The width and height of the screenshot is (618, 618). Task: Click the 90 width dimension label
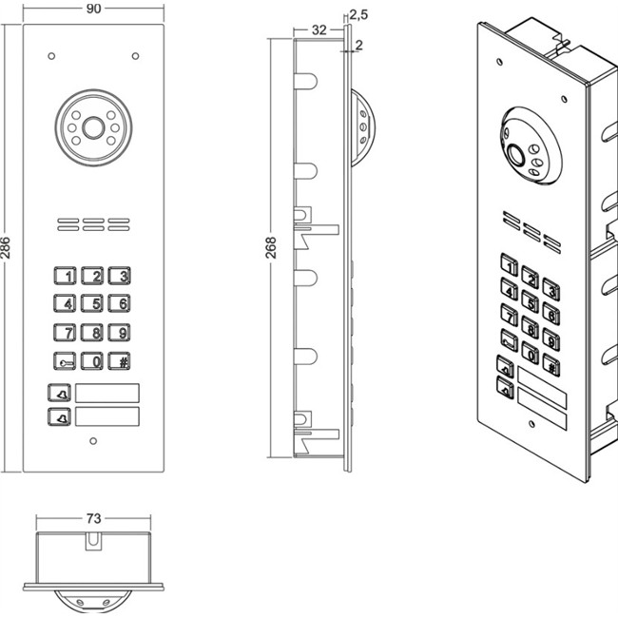pyautogui.click(x=93, y=9)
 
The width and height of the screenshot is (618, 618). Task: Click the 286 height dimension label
pyautogui.click(x=6, y=247)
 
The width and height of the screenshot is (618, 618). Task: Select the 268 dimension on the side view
pyautogui.click(x=271, y=247)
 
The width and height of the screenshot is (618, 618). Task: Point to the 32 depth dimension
pyautogui.click(x=319, y=30)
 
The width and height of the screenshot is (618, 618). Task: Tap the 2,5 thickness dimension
pyautogui.click(x=358, y=14)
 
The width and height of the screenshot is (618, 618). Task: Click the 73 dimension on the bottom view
pyautogui.click(x=93, y=518)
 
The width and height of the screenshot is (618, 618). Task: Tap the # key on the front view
pyautogui.click(x=120, y=361)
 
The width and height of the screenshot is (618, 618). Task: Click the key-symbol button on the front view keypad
pyautogui.click(x=65, y=361)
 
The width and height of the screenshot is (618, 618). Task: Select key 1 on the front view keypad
pyautogui.click(x=65, y=276)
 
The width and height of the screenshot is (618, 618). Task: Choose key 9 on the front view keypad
pyautogui.click(x=120, y=332)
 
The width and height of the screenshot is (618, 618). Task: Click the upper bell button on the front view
pyautogui.click(x=60, y=393)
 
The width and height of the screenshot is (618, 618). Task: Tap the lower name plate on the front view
pyautogui.click(x=107, y=416)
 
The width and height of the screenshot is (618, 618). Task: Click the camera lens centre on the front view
pyautogui.click(x=93, y=127)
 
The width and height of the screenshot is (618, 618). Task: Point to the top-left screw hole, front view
pyautogui.click(x=51, y=56)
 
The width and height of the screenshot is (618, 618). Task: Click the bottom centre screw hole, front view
pyautogui.click(x=93, y=441)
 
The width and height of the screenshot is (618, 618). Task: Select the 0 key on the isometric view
pyautogui.click(x=531, y=353)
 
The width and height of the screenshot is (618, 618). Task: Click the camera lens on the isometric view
pyautogui.click(x=516, y=155)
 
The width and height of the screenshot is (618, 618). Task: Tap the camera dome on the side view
pyautogui.click(x=362, y=127)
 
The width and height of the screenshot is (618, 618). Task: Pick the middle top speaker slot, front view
pyautogui.click(x=93, y=221)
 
